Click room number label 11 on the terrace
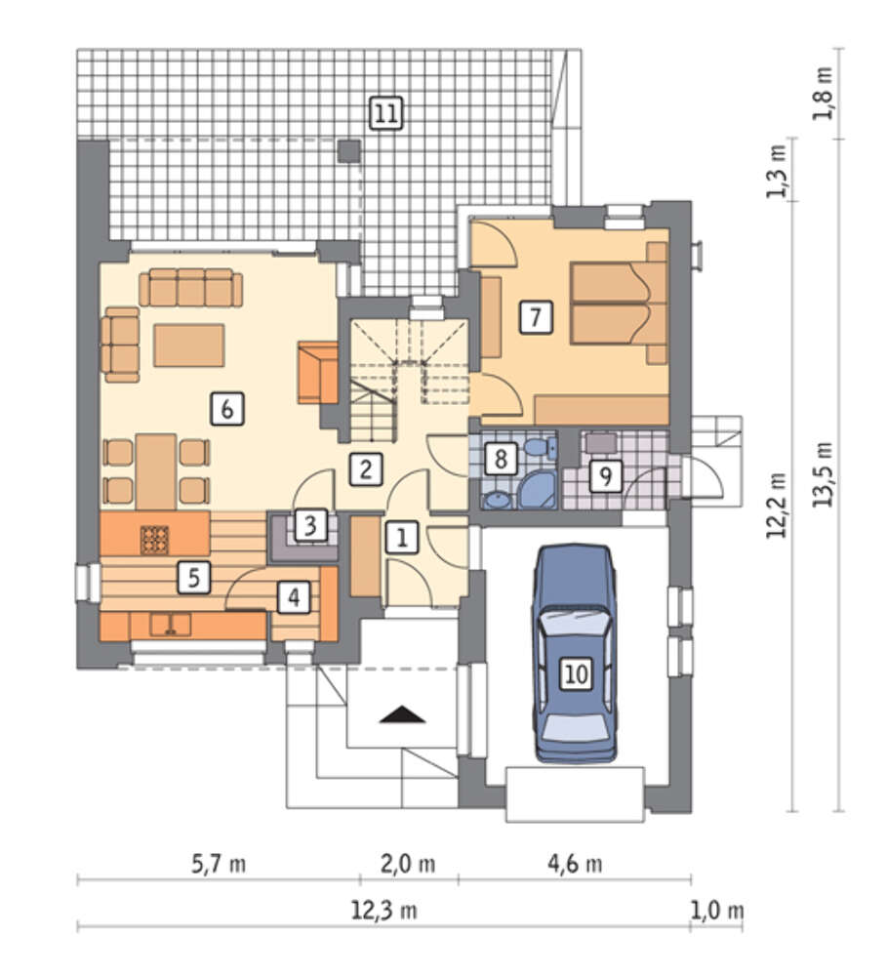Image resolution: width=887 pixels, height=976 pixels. [385, 113]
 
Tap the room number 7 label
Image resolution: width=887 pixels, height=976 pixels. [536, 317]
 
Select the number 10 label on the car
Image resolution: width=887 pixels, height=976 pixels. [577, 673]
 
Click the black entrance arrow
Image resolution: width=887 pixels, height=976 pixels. [403, 714]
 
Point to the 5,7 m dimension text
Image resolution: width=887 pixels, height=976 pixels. [218, 864]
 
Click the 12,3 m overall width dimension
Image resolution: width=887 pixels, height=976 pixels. [384, 911]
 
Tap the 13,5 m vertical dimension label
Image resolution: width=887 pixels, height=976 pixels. [824, 473]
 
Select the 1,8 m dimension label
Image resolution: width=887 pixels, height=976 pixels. [824, 94]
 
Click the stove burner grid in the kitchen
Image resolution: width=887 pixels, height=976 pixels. [154, 540]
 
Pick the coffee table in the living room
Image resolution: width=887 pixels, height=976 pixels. [189, 345]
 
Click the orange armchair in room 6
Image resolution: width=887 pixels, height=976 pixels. [317, 372]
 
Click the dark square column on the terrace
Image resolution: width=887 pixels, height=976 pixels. [349, 150]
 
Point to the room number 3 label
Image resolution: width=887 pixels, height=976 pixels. [310, 525]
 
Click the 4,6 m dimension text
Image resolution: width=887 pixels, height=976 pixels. [575, 864]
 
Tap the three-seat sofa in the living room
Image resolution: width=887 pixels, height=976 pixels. [190, 288]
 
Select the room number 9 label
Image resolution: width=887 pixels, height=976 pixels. [605, 476]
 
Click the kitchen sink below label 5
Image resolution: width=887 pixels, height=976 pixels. [170, 625]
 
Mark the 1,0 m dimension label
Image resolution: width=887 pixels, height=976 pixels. [716, 911]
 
